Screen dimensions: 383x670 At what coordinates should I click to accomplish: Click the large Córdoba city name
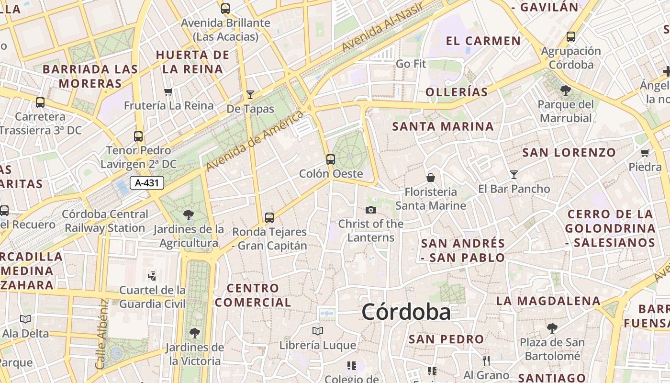(406, 312)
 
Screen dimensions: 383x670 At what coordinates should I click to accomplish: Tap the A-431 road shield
(147, 182)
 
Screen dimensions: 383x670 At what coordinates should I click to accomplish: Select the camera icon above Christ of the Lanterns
(370, 210)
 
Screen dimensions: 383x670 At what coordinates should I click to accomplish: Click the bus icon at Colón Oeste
(330, 159)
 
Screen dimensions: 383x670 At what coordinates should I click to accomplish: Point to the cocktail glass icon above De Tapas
(250, 94)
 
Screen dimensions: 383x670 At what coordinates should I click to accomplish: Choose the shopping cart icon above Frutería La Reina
(168, 91)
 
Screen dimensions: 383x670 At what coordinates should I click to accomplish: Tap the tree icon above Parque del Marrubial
(565, 90)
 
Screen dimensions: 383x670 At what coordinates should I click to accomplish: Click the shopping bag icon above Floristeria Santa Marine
(431, 178)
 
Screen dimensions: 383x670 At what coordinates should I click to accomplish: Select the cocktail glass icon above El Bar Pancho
(514, 175)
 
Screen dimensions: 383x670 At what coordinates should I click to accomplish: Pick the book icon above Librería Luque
(317, 331)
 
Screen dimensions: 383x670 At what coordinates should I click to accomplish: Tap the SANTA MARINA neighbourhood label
(443, 126)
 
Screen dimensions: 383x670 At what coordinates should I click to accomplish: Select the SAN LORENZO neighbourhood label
(569, 153)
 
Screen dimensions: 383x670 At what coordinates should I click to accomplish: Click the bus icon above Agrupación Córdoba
(570, 36)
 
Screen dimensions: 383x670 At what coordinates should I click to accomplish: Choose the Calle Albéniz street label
(101, 334)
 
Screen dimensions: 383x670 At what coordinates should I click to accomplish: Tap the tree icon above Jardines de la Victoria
(194, 333)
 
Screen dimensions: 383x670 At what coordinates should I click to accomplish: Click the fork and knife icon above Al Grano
(486, 360)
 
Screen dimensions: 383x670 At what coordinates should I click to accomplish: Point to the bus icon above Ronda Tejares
(269, 218)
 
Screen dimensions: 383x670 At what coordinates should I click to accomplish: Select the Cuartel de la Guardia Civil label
(152, 297)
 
